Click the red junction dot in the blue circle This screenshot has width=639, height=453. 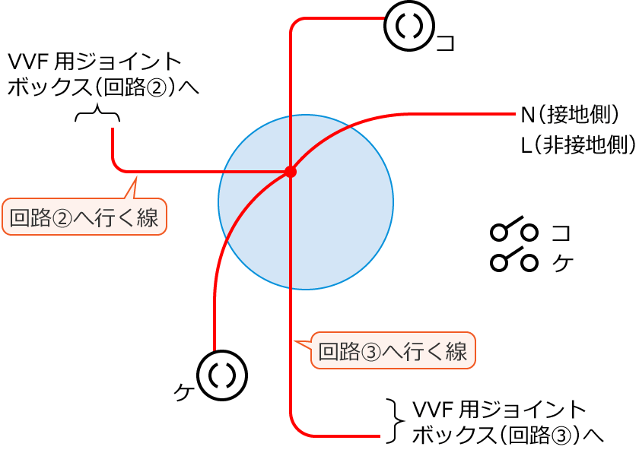[290, 172]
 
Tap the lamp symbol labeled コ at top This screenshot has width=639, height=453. [409, 26]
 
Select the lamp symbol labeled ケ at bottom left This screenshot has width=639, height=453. [222, 375]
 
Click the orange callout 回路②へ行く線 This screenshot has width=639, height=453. [84, 218]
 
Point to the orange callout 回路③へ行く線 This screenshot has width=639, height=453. [393, 351]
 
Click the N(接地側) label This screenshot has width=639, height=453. [571, 116]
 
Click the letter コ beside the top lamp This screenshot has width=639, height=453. [446, 43]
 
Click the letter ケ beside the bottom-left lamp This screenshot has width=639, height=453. [183, 392]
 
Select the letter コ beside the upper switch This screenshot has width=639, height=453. [561, 232]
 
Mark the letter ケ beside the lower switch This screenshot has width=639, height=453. [561, 262]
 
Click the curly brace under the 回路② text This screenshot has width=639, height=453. [97, 116]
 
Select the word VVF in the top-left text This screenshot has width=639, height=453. [30, 61]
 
